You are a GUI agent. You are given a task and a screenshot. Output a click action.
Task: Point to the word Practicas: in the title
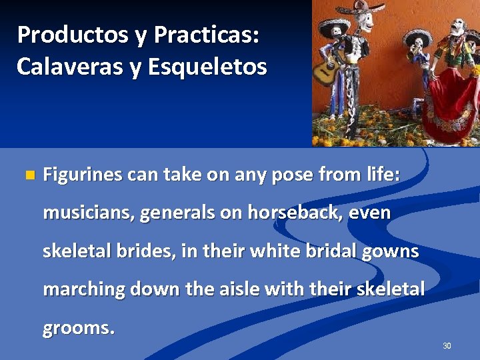tap(206, 35)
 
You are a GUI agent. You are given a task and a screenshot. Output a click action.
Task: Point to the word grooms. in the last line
tap(79, 328)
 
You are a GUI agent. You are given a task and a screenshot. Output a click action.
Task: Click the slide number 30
tap(447, 345)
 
